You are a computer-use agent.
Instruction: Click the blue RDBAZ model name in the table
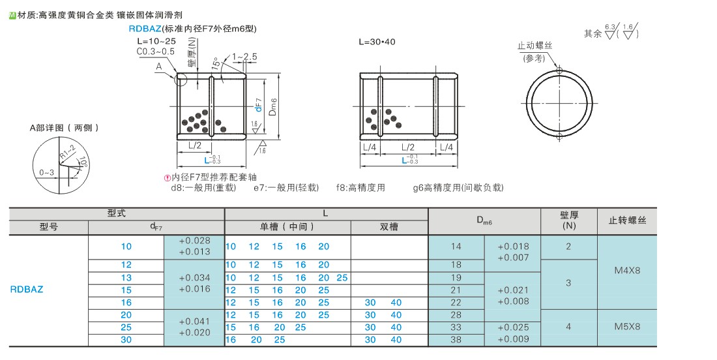click(27, 289)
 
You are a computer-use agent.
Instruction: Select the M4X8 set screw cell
click(627, 271)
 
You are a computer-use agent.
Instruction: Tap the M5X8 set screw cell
click(627, 327)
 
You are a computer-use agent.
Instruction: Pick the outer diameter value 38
click(456, 339)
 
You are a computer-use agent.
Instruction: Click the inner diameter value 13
click(126, 278)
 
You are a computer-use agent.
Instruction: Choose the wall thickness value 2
click(568, 247)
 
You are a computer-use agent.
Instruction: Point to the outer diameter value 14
click(456, 247)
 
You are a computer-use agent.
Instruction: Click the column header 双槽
click(388, 226)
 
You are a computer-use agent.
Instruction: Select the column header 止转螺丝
click(627, 220)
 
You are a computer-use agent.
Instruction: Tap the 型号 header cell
click(49, 226)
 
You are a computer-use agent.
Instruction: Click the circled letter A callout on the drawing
click(159, 67)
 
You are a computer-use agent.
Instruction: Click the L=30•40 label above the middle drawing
click(377, 42)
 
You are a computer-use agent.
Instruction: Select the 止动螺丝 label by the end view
click(534, 46)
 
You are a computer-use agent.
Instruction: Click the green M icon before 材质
click(13, 16)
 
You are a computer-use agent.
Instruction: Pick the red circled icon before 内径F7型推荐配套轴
click(168, 178)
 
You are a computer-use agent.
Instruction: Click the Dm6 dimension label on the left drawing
click(273, 106)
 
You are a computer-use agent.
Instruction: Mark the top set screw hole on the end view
click(559, 70)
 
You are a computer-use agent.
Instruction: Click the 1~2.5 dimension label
click(244, 57)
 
